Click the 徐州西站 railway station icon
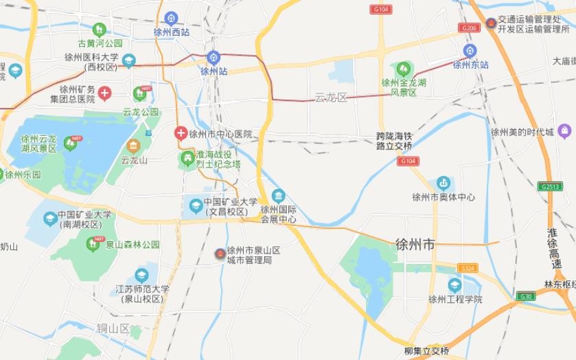[172, 18]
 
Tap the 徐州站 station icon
[214, 57]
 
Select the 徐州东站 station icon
[470, 51]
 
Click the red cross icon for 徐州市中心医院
[180, 132]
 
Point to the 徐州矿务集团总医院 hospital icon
[104, 93]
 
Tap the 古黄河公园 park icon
[100, 29]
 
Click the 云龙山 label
[134, 161]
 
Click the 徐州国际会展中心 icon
[278, 196]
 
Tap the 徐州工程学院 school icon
[454, 285]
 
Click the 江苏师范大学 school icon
[141, 276]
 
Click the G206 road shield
[470, 27]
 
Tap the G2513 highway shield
[549, 186]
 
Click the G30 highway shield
[527, 296]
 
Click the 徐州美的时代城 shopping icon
[564, 131]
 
